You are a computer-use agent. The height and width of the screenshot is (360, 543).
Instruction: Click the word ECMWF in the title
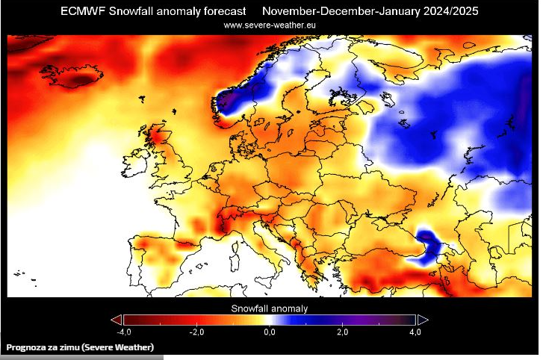pos(84,11)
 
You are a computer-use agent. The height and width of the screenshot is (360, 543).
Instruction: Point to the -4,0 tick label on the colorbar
pos(124,331)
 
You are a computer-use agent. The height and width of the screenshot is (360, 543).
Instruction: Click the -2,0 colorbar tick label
pos(196,331)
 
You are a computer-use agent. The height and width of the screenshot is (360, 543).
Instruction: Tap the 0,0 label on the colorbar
pos(270,331)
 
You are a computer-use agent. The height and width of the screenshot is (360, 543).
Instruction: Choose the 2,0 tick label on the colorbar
pos(342,331)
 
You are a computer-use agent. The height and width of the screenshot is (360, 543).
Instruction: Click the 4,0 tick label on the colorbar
pos(415,331)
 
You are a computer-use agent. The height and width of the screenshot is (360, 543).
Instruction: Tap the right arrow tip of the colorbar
pos(423,320)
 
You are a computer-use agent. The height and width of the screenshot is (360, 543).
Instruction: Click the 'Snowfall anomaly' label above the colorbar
pos(270,308)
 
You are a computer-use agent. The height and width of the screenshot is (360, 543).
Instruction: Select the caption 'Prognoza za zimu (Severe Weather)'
pos(80,347)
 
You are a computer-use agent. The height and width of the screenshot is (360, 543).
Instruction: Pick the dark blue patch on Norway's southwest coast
pos(229,101)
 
